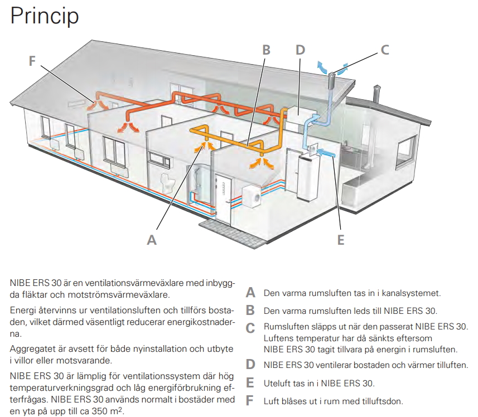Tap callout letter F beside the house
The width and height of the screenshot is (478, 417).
[33, 61]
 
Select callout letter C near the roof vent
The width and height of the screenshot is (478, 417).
[384, 49]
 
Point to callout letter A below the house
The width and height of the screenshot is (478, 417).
[151, 240]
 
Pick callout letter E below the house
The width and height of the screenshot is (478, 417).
[341, 240]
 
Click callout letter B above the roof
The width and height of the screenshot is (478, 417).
[266, 49]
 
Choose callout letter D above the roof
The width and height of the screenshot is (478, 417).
[300, 49]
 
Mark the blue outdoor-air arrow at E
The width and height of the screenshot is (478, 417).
[329, 153]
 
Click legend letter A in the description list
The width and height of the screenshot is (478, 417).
[251, 293]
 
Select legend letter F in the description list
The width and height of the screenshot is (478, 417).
[250, 401]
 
